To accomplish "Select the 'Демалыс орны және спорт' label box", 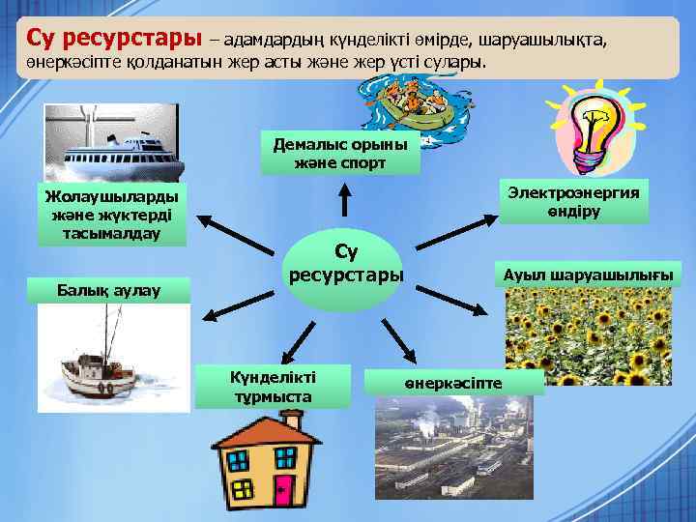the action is (340, 153).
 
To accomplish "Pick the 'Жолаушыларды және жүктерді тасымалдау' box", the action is (111, 214).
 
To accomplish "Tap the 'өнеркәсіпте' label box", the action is (454, 383).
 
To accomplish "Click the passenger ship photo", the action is (112, 144).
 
